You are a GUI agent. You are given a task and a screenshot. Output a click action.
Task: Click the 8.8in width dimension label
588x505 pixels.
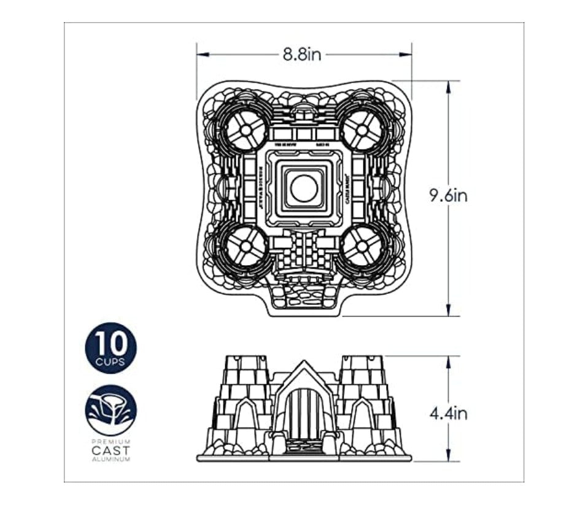click(302, 54)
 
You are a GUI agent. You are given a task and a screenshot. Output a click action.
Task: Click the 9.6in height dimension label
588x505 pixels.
click(448, 196)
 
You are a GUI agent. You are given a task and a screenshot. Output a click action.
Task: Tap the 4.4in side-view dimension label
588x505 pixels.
click(448, 414)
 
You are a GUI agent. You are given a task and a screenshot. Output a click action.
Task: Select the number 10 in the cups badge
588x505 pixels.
click(110, 342)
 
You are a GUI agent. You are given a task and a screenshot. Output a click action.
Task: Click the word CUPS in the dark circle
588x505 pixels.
click(110, 361)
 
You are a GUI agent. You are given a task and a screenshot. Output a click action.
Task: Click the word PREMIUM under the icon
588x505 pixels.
click(110, 442)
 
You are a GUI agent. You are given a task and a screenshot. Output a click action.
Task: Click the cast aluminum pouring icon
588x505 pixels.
click(110, 410)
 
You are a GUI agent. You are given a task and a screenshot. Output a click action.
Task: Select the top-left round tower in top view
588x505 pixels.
click(243, 130)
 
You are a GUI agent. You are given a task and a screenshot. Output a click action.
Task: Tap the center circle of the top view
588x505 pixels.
click(304, 188)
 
